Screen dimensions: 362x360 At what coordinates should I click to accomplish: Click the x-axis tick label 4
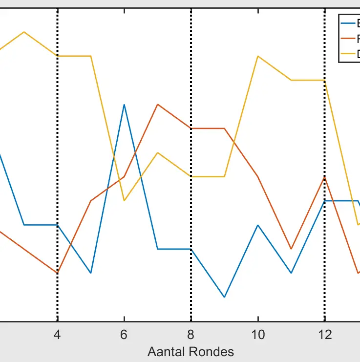58,335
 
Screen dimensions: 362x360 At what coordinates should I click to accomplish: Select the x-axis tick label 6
124,335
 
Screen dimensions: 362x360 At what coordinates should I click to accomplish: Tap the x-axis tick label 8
191,335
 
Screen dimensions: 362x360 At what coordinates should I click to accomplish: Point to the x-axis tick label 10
258,335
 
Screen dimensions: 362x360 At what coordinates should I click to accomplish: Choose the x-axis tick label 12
324,335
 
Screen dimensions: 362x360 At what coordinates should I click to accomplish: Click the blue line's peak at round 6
125,105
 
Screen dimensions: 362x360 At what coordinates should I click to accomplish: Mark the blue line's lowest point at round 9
224,297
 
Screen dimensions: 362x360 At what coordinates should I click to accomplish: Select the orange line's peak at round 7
158,105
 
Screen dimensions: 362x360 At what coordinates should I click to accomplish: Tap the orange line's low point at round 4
58,273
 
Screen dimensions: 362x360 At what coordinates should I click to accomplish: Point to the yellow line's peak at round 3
24,32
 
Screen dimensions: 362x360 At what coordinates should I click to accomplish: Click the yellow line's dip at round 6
125,201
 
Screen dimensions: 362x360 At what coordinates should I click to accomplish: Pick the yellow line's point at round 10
258,56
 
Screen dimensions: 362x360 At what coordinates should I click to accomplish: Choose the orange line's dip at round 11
291,249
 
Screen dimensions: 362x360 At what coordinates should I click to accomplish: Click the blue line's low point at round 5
91,273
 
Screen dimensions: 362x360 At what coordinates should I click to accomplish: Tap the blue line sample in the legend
348,23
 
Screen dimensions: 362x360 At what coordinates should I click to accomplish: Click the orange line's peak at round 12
324,177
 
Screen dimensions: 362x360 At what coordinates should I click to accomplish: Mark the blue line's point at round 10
258,225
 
